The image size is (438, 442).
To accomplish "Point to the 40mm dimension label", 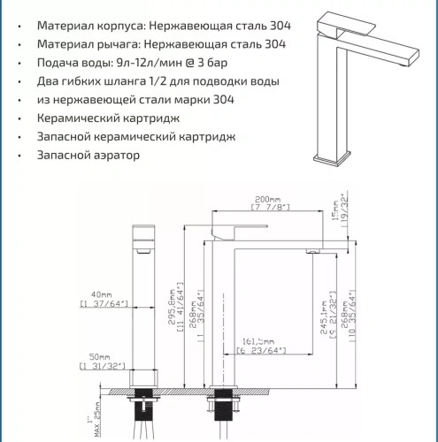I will pos(101,294).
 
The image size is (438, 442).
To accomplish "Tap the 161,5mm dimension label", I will pos(257,340).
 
